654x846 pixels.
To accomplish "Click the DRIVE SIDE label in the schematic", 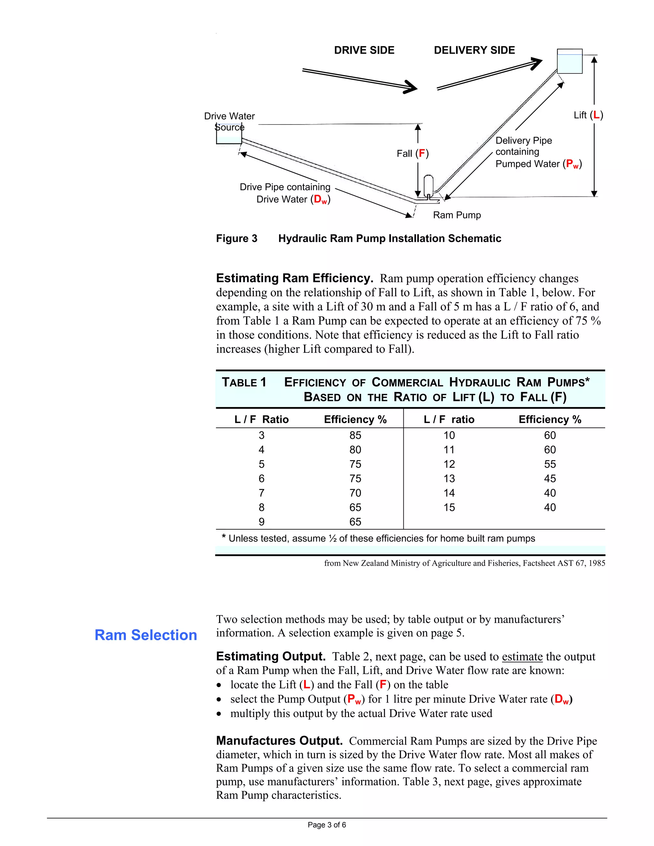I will [x=364, y=50].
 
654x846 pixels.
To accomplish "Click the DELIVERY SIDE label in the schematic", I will [x=474, y=50].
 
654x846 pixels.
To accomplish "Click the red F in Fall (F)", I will [x=422, y=154].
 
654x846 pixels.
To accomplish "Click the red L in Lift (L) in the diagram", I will [x=596, y=115].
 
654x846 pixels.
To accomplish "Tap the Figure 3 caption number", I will [x=236, y=238].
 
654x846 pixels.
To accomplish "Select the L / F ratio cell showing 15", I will [x=449, y=508].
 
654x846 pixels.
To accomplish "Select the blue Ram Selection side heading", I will [x=146, y=635].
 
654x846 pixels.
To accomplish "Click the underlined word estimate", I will [x=522, y=657].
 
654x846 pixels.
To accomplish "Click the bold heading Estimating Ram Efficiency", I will [x=294, y=278].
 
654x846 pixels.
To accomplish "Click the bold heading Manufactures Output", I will [x=279, y=741].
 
